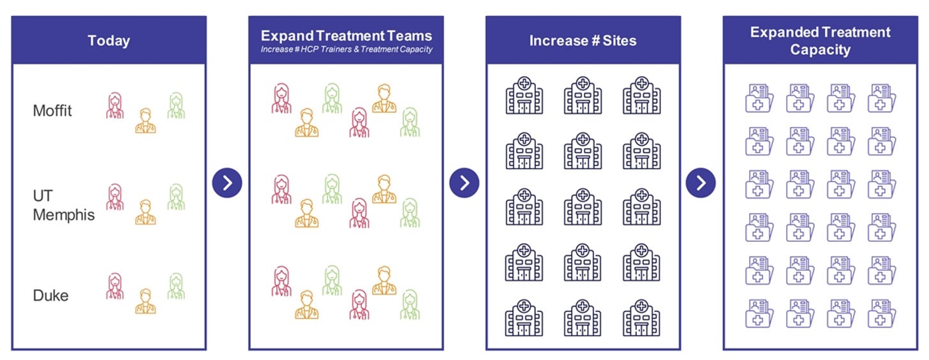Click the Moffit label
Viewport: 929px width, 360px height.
coord(52,111)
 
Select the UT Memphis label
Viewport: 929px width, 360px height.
coord(63,205)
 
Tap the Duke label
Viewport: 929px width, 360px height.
coord(50,296)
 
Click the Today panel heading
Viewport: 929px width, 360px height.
coord(108,41)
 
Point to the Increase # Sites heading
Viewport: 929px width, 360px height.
coord(583,41)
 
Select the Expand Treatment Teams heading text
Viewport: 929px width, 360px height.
coord(346,36)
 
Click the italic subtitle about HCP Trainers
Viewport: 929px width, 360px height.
coord(346,50)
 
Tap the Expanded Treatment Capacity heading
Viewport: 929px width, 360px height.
coord(820,41)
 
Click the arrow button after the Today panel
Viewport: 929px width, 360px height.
coord(227,184)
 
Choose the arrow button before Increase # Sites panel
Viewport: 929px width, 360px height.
coord(464,184)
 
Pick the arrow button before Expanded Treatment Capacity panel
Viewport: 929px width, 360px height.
coord(701,184)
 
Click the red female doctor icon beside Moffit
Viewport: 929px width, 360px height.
coord(115,105)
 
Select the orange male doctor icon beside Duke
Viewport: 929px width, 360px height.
coord(145,301)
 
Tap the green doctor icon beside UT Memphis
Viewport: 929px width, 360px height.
coord(176,197)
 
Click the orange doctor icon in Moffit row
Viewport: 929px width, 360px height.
coord(145,121)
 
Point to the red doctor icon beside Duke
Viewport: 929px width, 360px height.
coord(115,287)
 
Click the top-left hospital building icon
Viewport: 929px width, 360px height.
coord(524,95)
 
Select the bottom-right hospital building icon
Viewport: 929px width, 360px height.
coord(641,317)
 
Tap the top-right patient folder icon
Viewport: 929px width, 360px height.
coord(882,98)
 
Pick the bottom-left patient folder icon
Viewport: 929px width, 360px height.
coord(759,314)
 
